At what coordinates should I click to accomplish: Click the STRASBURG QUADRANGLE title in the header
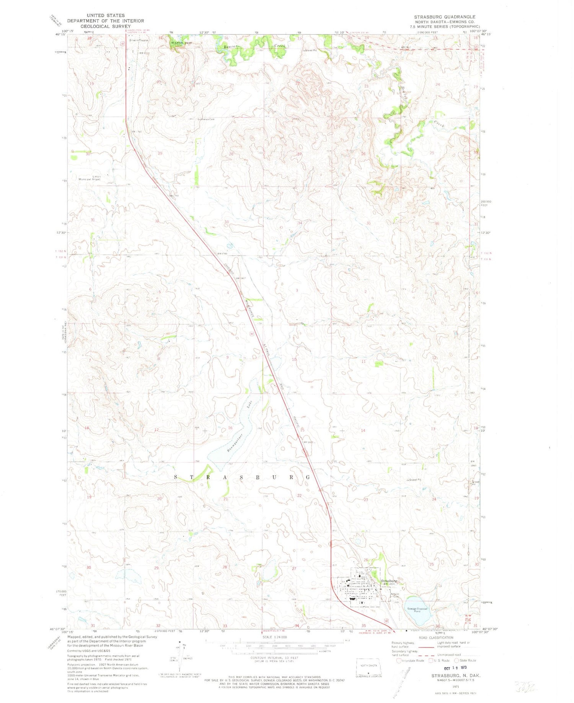pos(445,17)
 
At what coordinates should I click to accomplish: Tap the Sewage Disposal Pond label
pos(417,610)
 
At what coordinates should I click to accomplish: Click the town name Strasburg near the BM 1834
pos(389,581)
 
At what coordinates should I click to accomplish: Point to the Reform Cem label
pos(395,596)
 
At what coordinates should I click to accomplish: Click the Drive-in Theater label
pos(139,40)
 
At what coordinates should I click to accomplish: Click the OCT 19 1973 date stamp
pos(453,667)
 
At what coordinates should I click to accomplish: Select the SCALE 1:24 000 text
pos(274,637)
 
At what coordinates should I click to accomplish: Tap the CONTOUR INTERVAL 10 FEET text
pos(274,657)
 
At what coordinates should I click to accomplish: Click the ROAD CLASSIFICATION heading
pos(435,637)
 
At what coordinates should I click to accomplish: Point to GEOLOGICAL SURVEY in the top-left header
pos(106,26)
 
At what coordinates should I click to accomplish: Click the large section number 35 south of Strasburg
pos(364,625)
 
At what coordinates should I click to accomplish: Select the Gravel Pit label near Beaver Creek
pos(310,50)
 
